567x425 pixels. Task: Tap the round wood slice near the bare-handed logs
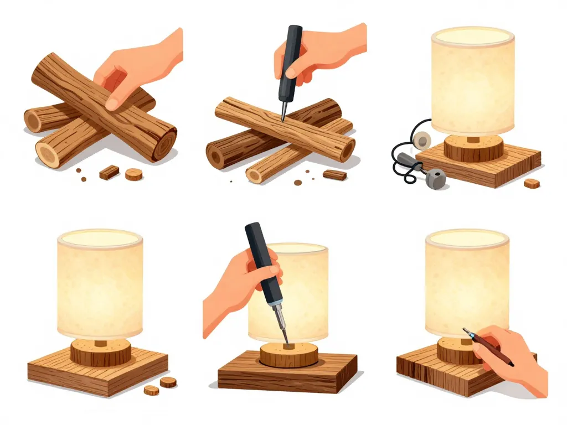pyautogui.click(x=133, y=174)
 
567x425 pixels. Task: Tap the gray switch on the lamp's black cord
pyautogui.click(x=435, y=177)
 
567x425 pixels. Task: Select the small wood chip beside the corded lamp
pyautogui.click(x=532, y=183)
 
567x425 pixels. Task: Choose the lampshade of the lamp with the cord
pyautogui.click(x=472, y=80)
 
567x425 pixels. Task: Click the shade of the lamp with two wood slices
pyautogui.click(x=100, y=285)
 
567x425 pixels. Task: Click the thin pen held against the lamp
pyautogui.click(x=487, y=346)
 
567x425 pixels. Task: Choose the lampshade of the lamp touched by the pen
pyautogui.click(x=467, y=282)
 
